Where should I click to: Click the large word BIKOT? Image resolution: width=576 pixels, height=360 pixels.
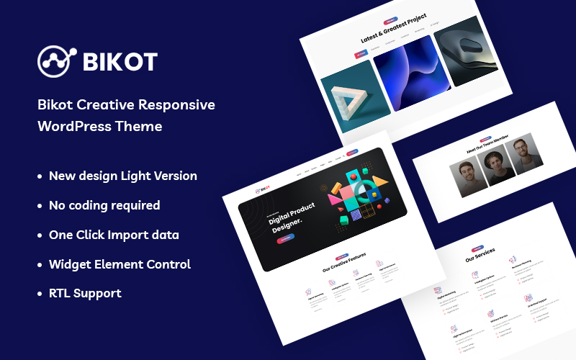[x=120, y=62]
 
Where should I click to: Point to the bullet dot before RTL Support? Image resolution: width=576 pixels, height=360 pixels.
[x=40, y=294]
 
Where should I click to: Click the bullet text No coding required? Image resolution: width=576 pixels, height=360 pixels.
[x=104, y=205]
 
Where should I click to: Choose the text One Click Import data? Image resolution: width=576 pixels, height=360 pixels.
[x=114, y=235]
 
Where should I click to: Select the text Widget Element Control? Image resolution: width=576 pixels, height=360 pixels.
[x=120, y=264]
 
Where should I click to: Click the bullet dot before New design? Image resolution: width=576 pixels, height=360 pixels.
[x=40, y=176]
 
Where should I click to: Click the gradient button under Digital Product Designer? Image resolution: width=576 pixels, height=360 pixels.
[x=285, y=238]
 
